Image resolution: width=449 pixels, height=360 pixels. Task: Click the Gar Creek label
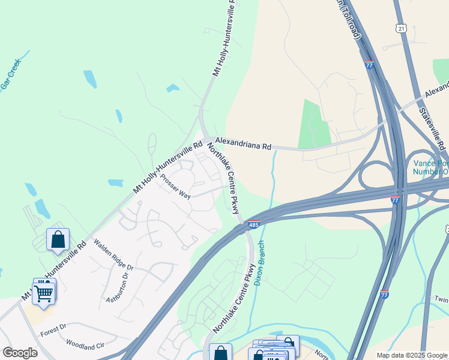(x=10, y=74)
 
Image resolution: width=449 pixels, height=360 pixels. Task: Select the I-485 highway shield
(x=253, y=224)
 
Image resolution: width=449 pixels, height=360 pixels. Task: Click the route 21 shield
(x=400, y=28)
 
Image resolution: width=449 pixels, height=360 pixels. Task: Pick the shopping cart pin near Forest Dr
(x=44, y=293)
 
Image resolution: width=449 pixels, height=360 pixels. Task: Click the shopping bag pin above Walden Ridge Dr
(x=58, y=240)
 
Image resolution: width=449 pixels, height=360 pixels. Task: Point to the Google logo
(x=20, y=353)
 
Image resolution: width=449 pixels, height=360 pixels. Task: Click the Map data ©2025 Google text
(x=411, y=355)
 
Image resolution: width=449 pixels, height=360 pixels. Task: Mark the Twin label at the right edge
(x=441, y=299)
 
